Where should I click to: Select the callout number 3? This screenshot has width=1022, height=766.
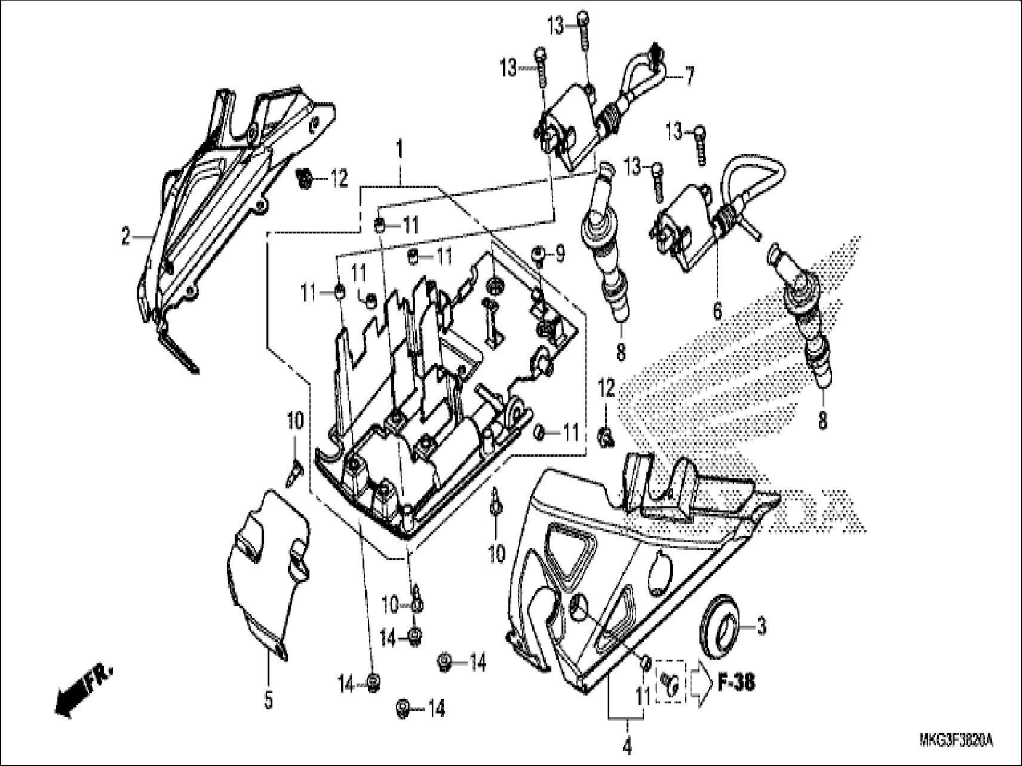click(761, 627)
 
